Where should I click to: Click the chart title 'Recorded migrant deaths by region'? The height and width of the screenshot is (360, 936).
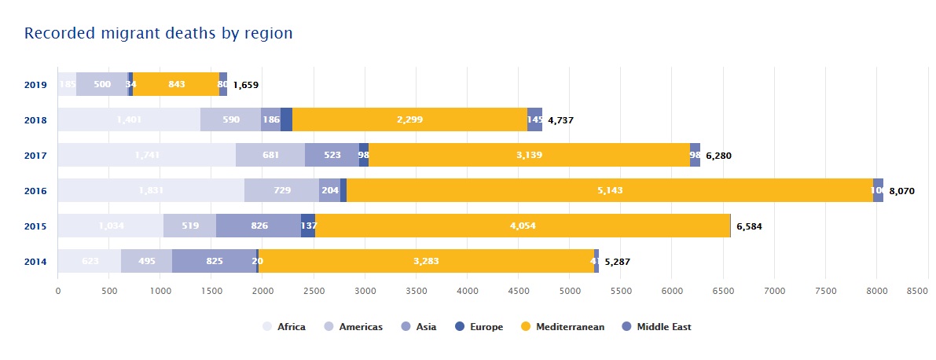159,33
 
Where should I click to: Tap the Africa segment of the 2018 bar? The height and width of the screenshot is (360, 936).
129,120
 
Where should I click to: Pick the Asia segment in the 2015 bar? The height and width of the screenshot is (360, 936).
259,226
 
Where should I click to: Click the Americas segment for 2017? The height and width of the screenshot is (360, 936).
270,156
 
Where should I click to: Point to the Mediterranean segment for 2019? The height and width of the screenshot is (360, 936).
176,85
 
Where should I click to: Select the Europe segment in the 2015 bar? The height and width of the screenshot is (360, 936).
308,226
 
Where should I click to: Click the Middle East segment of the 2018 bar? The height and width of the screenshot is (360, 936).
534,120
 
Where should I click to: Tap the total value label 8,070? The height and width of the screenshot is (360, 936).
901,191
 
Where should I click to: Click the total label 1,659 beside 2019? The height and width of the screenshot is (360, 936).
246,85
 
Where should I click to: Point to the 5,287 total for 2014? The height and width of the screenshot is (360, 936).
618,262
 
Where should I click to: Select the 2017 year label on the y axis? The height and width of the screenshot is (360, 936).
36,156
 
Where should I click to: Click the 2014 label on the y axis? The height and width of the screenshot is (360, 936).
36,262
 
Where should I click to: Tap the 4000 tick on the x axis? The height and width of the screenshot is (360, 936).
468,291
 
